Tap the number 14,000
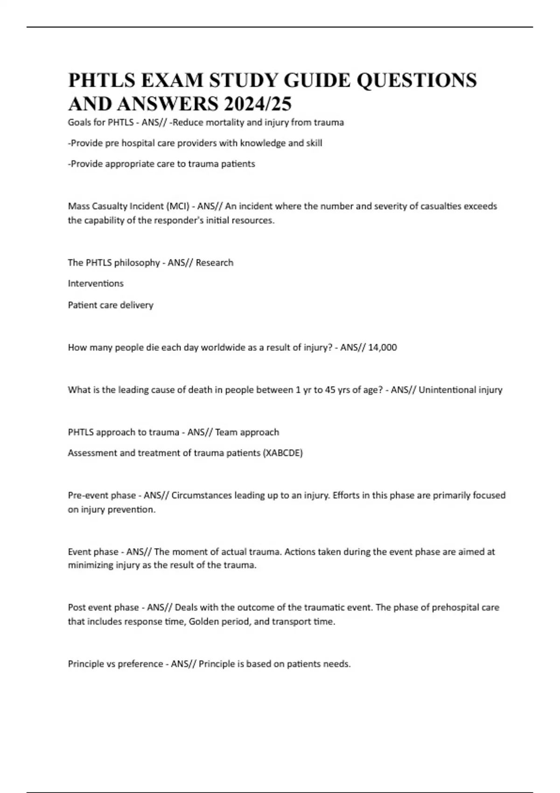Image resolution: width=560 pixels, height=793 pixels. (x=382, y=348)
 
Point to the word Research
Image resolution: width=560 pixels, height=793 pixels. (x=215, y=263)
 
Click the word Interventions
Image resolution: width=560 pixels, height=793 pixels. (x=96, y=284)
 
